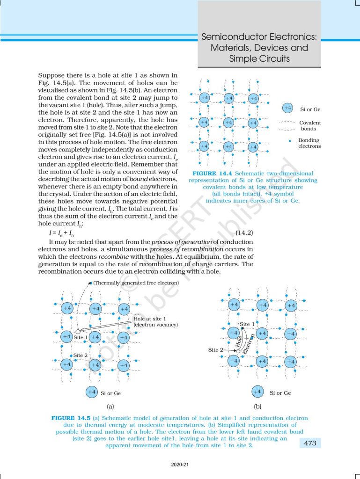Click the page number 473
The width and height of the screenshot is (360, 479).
(x=309, y=443)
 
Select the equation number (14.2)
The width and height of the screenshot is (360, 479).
(x=243, y=232)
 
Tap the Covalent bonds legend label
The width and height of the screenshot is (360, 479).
(x=310, y=125)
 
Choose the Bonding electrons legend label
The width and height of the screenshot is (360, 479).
(x=309, y=143)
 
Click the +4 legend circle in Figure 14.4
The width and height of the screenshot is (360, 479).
(x=288, y=109)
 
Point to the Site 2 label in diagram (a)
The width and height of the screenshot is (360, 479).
(x=81, y=355)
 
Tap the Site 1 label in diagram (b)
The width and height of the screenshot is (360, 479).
(x=247, y=324)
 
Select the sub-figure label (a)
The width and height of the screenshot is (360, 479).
(x=110, y=406)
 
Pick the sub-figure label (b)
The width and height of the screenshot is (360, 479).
(x=257, y=406)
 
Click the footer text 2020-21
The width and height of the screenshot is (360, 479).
(x=179, y=465)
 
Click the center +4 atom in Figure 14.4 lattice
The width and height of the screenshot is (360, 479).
(x=228, y=123)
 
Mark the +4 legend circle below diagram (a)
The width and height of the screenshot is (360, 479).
(x=92, y=392)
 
